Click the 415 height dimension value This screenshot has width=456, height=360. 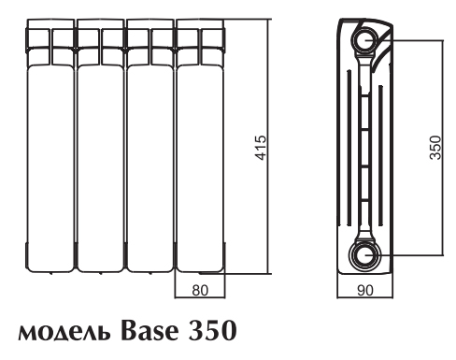[261, 148]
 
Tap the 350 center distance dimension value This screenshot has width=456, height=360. [435, 148]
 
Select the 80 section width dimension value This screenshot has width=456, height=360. [200, 290]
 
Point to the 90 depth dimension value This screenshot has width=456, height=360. [364, 290]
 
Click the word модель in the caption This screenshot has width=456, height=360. [64, 333]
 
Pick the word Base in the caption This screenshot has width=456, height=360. [150, 330]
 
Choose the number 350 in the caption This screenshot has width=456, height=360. [212, 330]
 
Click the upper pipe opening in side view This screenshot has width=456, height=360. [365, 40]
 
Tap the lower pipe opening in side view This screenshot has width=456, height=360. [365, 255]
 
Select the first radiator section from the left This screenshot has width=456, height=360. [50, 145]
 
